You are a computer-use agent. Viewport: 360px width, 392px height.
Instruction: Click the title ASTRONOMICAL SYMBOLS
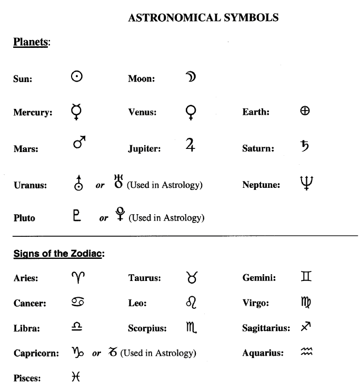click(x=203, y=18)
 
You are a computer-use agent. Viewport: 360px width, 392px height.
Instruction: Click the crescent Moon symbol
click(x=191, y=77)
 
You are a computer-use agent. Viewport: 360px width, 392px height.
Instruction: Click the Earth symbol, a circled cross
click(x=305, y=110)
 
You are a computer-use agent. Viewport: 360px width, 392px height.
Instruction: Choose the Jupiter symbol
click(x=191, y=145)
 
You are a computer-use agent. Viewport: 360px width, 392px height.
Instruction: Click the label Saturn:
click(x=258, y=149)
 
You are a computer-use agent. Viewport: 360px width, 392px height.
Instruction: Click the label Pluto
click(x=24, y=217)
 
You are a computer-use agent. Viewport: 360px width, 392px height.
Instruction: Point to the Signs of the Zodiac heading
click(x=59, y=254)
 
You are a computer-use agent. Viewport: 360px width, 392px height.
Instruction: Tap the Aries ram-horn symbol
click(x=77, y=276)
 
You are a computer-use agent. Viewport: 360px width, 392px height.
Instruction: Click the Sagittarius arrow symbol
click(x=307, y=328)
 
